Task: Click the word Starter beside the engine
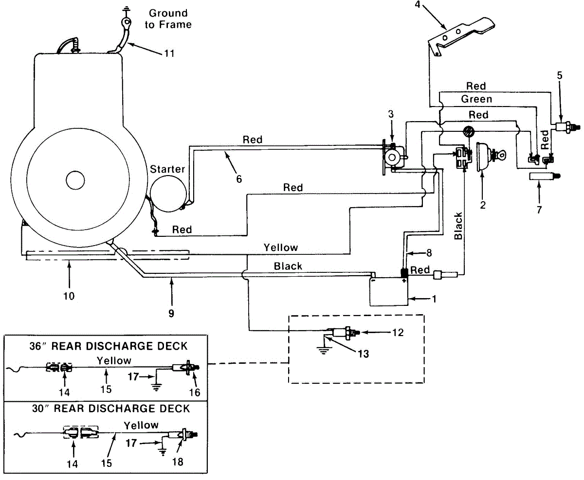coord(167,169)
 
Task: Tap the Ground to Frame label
coord(168,19)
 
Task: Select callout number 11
coord(169,53)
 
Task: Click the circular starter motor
coord(168,194)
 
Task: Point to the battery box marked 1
coord(389,291)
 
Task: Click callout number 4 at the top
coord(418,4)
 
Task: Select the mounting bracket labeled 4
coord(461,36)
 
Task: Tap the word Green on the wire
coord(476,99)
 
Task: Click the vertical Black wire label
coord(458,226)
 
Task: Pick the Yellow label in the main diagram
coord(280,248)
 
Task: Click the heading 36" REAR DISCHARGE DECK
coord(109,346)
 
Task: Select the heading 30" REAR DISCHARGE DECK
coord(111,409)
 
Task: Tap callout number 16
coord(194,392)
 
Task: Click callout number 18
coord(178,462)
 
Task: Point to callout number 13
coord(364,354)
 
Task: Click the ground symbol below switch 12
coord(323,351)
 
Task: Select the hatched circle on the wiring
coord(469,132)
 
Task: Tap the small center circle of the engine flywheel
coord(75,180)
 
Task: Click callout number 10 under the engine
coord(69,296)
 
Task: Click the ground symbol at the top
coord(127,10)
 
